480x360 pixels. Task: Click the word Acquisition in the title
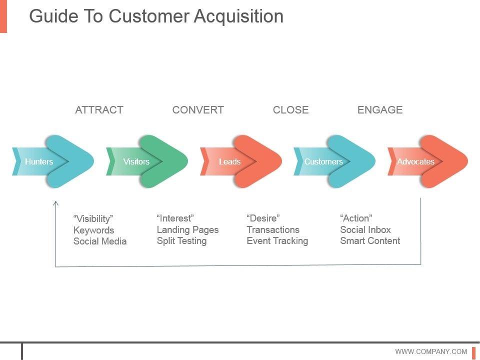pyautogui.click(x=239, y=16)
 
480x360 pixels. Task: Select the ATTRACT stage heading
pyautogui.click(x=99, y=109)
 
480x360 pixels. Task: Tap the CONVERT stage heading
pyautogui.click(x=198, y=109)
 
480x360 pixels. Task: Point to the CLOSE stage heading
pyautogui.click(x=290, y=109)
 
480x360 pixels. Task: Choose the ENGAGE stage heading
pyautogui.click(x=380, y=109)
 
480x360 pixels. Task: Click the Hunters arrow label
pyautogui.click(x=39, y=161)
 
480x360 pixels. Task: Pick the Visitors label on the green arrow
pyautogui.click(x=136, y=161)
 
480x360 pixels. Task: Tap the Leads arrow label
pyautogui.click(x=229, y=161)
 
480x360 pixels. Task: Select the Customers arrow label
pyautogui.click(x=323, y=161)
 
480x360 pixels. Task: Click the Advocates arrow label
pyautogui.click(x=415, y=161)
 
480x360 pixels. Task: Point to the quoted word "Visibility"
pyautogui.click(x=93, y=219)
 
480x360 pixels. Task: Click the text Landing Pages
pyautogui.click(x=187, y=230)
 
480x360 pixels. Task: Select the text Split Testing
pyautogui.click(x=181, y=241)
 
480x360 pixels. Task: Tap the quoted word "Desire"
pyautogui.click(x=263, y=218)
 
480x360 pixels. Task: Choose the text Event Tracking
pyautogui.click(x=277, y=241)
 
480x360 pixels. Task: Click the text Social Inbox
pyautogui.click(x=365, y=229)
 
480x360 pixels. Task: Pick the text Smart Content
pyautogui.click(x=370, y=240)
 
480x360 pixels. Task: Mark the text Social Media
pyautogui.click(x=100, y=241)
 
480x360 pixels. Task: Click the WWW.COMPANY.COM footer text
pyautogui.click(x=431, y=351)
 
